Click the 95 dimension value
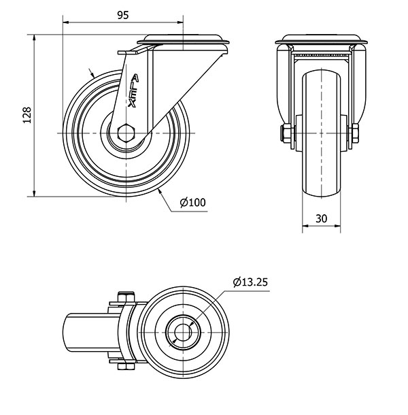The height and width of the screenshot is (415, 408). (x=123, y=16)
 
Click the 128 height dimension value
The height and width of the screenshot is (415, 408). (x=27, y=115)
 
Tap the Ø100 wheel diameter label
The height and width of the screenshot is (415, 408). (x=192, y=203)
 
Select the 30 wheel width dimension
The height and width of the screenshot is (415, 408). (x=321, y=218)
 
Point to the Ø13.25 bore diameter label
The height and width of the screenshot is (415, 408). (x=250, y=282)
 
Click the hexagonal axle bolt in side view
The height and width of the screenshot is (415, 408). (x=126, y=133)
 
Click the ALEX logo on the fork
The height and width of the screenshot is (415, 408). (x=133, y=90)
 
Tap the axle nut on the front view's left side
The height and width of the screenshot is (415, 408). (x=286, y=133)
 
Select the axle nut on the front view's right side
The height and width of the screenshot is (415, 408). (x=354, y=133)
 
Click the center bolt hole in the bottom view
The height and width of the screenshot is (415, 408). (x=183, y=332)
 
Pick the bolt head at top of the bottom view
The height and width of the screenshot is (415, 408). (x=126, y=297)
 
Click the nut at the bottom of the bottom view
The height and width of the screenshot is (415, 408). (x=126, y=366)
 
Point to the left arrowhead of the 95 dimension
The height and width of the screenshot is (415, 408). (x=65, y=22)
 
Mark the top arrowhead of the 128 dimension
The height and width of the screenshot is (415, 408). (x=34, y=37)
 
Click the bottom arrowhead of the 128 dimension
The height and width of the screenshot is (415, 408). (x=34, y=193)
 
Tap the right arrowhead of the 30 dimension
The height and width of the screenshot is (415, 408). (x=337, y=226)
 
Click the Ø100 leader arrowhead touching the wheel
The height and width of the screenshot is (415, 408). (x=160, y=193)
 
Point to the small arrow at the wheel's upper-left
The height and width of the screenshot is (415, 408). (x=92, y=73)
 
